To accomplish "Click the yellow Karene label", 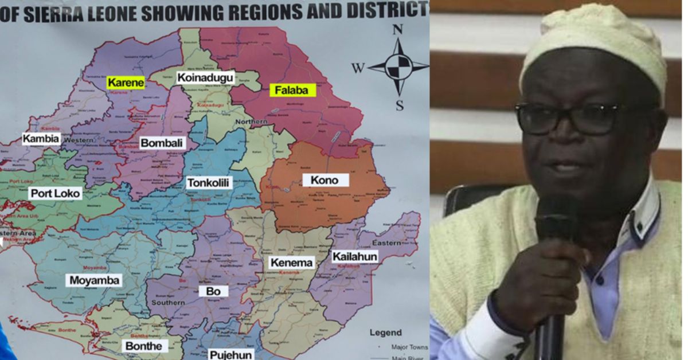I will [125, 83].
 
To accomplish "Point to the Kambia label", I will [41, 138].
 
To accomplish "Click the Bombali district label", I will [163, 143].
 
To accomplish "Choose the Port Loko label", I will [56, 193].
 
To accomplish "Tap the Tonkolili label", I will [209, 183].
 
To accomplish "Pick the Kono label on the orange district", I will [325, 180].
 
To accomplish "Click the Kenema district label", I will [292, 263].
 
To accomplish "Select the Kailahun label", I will [355, 256].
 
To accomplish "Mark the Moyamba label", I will [95, 280].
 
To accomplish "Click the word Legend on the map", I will [385, 332].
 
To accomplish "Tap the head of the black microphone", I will [555, 224].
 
